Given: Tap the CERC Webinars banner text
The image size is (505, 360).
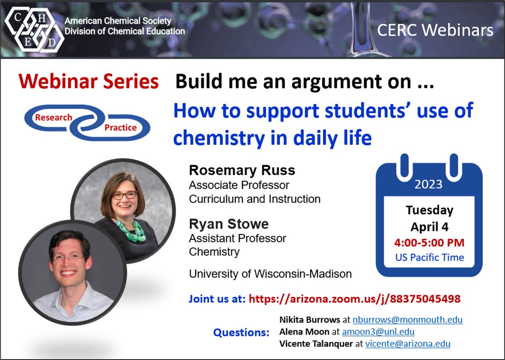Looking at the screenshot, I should click(x=435, y=30).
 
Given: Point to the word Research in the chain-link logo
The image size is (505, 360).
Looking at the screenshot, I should click(x=53, y=117).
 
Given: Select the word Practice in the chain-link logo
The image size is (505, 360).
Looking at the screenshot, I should click(x=120, y=127).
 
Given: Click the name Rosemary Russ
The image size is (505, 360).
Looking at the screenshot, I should click(x=242, y=171).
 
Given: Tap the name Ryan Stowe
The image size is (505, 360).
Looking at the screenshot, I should click(x=229, y=224).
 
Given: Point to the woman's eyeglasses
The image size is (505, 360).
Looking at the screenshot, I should click(x=125, y=195).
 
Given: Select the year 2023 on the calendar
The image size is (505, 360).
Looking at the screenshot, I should click(x=428, y=184).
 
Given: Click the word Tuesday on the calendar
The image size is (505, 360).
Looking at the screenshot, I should click(x=429, y=210).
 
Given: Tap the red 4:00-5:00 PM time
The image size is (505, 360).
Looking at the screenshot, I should click(x=429, y=243).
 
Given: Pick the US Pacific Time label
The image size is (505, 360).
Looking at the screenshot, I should click(x=429, y=257).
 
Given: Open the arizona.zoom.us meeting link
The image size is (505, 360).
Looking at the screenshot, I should click(x=354, y=299).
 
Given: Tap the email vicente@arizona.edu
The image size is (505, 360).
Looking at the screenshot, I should click(x=407, y=344).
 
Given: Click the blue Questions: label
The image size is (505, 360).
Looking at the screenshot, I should click(x=241, y=333).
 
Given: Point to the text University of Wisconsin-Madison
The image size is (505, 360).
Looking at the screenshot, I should click(x=270, y=274).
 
